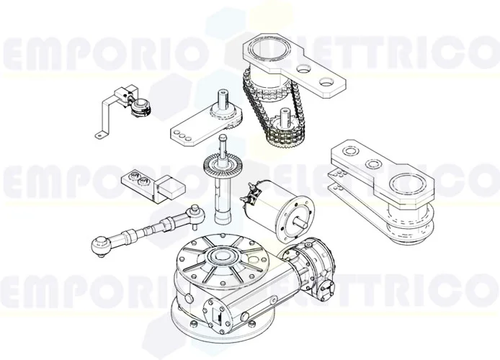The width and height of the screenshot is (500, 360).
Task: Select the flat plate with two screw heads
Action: point(136,180)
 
